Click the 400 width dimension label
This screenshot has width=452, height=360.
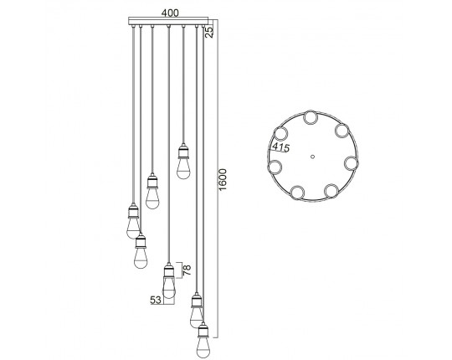click(x=170, y=13)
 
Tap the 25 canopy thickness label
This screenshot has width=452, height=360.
click(x=210, y=33)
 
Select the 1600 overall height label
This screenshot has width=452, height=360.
click(x=223, y=179)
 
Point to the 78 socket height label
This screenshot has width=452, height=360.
click(x=187, y=270)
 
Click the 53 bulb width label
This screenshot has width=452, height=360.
click(x=156, y=300)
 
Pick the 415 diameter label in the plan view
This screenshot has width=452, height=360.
click(x=280, y=147)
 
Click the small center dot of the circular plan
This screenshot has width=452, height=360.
click(x=313, y=157)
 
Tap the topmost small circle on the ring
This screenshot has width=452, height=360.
click(x=311, y=117)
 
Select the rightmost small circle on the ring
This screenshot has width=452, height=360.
click(x=351, y=163)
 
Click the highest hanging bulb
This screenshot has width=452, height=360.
click(x=182, y=168)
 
